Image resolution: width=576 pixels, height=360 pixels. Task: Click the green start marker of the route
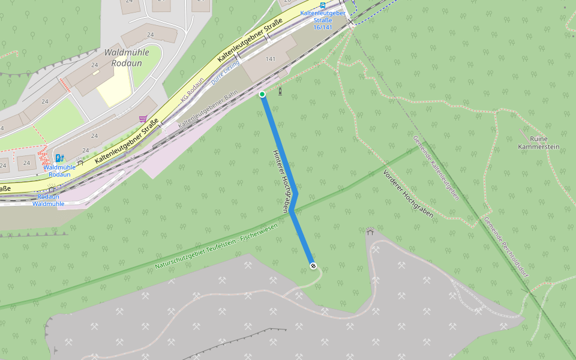click(x=262, y=94)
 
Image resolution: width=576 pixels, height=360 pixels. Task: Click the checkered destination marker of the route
click(x=313, y=265)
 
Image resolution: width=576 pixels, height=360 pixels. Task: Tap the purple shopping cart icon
click(x=143, y=119)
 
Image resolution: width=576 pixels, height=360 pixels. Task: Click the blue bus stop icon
click(x=323, y=5)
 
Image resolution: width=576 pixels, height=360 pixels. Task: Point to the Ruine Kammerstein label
click(x=532, y=142)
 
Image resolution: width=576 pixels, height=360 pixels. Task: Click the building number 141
click(x=270, y=59)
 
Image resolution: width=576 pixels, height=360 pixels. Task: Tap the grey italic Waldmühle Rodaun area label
click(x=126, y=57)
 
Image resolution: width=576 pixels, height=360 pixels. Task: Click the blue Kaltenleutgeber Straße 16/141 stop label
click(x=322, y=20)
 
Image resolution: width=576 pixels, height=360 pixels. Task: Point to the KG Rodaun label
click(x=193, y=88)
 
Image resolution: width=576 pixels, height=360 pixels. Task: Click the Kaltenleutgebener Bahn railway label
click(x=208, y=108)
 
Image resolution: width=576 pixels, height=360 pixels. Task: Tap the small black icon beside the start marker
click(x=280, y=91)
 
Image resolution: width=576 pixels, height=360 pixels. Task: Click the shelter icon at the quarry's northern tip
click(x=370, y=232)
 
